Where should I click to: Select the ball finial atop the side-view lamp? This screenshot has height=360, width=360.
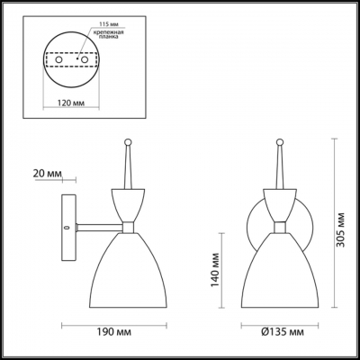tap(127, 141)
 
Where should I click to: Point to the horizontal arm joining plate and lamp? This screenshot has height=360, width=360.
tap(94, 227)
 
